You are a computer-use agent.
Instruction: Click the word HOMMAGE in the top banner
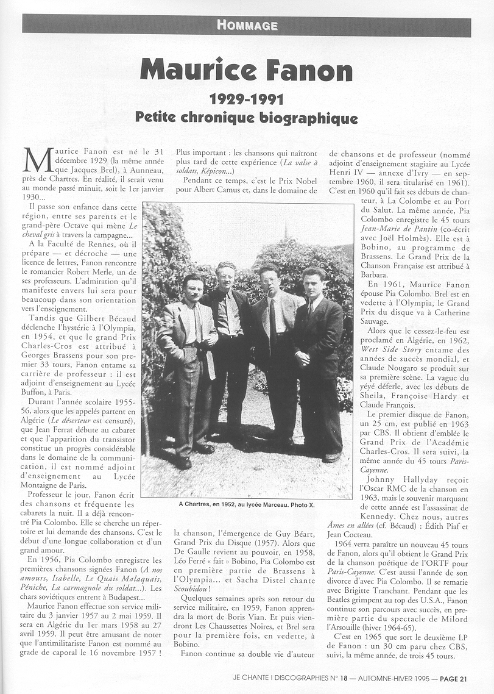pos(247,25)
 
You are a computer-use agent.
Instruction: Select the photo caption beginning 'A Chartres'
pos(247,504)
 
